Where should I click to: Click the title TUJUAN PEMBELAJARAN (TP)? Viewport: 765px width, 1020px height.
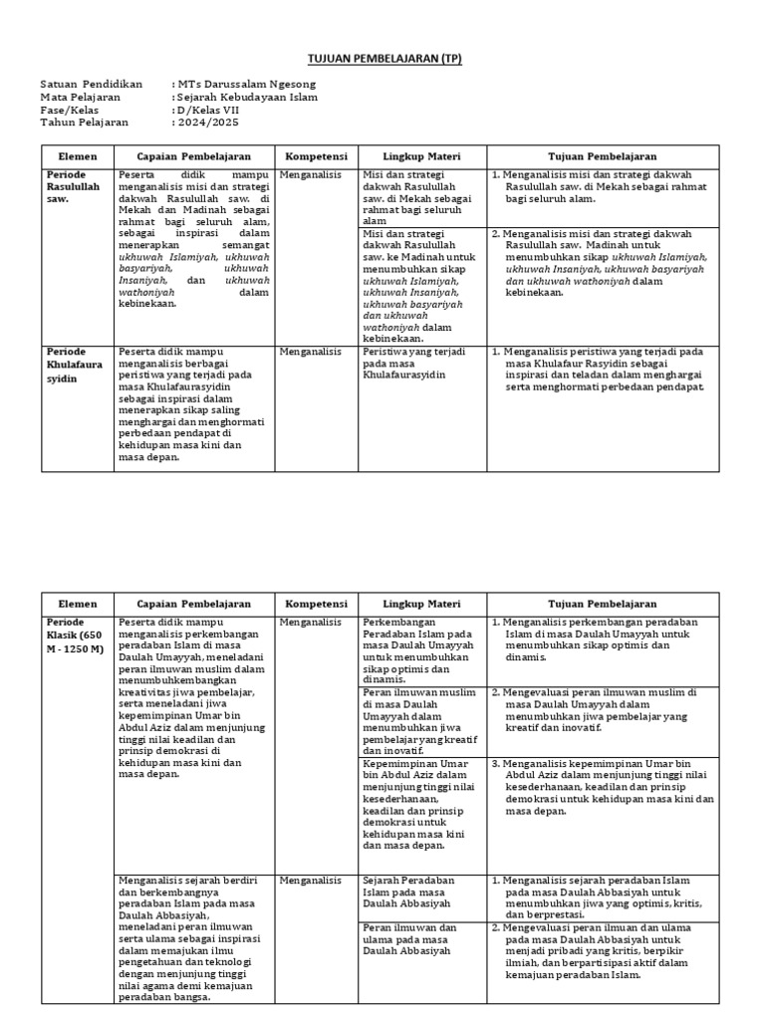[x=382, y=59]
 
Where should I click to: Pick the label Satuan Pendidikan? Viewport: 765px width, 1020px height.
[x=92, y=85]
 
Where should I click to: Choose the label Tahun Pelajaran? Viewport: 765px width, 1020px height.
[x=85, y=124]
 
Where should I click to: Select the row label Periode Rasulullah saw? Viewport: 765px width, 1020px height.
[x=74, y=186]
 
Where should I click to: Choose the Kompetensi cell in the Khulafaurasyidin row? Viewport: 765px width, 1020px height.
[x=310, y=353]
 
